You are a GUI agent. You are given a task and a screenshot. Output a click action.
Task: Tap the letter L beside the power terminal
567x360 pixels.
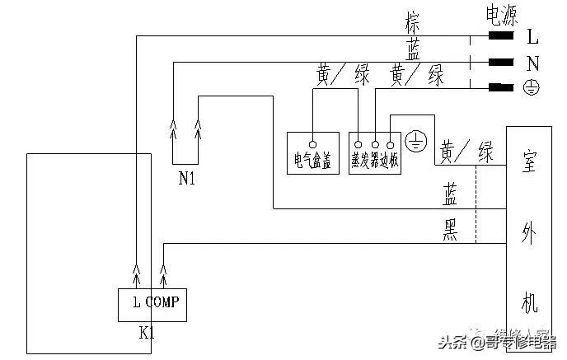pos(532,36)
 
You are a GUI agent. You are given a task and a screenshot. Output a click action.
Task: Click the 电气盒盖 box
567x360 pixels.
pos(313,152)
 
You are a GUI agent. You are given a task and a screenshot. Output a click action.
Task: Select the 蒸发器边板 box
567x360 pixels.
pos(375,152)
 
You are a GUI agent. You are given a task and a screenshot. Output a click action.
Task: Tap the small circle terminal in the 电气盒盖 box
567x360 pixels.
pos(313,133)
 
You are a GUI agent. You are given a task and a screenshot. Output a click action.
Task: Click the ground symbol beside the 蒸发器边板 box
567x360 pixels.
pos(417,142)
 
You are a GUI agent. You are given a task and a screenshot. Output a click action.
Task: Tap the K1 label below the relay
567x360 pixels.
pos(147,334)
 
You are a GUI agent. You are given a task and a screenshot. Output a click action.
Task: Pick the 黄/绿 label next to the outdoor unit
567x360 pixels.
pos(466,152)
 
